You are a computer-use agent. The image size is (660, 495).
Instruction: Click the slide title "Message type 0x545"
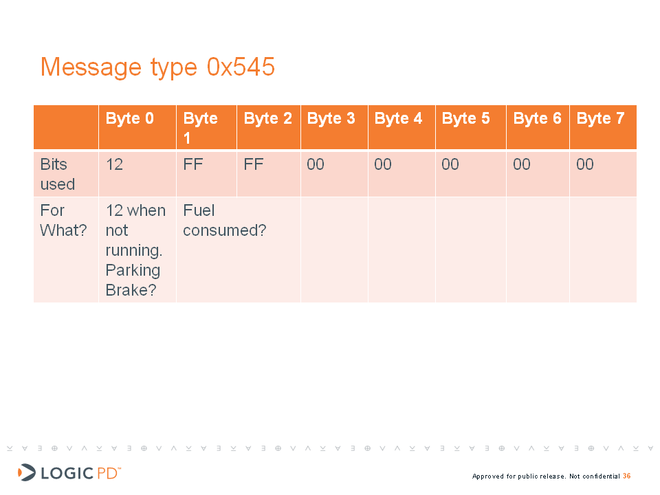tap(157, 67)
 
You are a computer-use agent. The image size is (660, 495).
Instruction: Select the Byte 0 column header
tap(130, 118)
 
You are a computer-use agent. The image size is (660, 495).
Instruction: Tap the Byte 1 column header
tap(200, 128)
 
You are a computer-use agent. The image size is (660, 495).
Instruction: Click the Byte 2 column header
tap(267, 118)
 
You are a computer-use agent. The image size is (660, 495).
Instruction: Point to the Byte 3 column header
tap(331, 118)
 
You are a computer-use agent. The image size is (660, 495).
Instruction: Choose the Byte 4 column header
tap(398, 118)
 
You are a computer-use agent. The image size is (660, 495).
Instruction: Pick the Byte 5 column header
tap(465, 118)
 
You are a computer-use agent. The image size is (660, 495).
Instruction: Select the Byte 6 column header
tap(537, 118)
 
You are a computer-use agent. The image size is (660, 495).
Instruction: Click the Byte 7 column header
tap(600, 118)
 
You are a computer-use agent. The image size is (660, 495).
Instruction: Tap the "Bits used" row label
tap(58, 174)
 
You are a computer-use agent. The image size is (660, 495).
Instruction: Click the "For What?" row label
tap(63, 220)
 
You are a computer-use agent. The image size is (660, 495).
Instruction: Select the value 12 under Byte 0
tap(115, 164)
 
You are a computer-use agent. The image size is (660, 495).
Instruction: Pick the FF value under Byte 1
tap(193, 164)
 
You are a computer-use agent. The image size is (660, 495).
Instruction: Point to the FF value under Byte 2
tap(254, 164)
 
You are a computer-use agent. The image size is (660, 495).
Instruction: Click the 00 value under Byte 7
tap(585, 164)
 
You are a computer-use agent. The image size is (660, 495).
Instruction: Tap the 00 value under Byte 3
tap(316, 164)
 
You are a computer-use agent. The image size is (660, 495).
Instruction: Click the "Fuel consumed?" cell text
tap(225, 220)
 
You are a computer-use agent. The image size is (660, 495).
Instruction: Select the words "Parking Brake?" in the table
tap(133, 280)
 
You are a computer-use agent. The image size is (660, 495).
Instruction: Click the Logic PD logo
tap(69, 473)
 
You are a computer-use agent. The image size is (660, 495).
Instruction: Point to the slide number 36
tap(627, 476)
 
